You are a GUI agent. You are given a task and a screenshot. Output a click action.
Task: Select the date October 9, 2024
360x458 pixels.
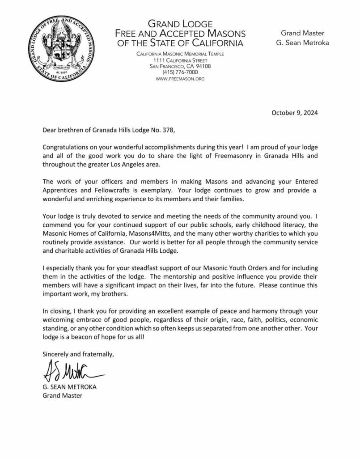tap(295, 113)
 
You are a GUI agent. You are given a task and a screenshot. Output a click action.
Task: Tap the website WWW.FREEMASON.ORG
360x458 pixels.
tap(180, 79)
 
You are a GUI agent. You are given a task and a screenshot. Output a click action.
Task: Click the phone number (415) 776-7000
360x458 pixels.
tap(180, 72)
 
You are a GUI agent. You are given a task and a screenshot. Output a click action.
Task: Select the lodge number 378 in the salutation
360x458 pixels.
tap(161, 131)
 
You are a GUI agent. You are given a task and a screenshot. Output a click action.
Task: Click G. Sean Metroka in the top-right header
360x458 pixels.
tap(299, 43)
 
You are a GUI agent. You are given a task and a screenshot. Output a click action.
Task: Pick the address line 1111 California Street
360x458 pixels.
tap(180, 60)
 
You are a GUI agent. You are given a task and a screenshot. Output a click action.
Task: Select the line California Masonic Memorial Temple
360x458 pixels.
tap(180, 54)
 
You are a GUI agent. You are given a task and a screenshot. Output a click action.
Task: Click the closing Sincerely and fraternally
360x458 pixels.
tap(79, 354)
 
